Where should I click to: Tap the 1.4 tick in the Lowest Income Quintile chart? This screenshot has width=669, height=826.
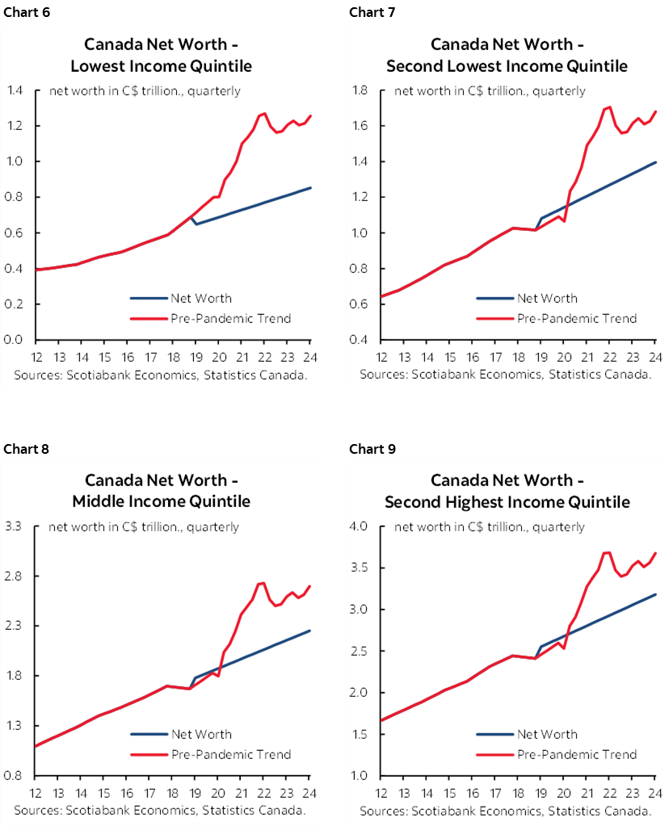pos(15,90)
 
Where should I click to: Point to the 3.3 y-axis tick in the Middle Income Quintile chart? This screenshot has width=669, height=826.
pos(15,526)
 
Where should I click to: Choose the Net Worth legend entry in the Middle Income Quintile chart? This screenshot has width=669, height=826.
pos(200,734)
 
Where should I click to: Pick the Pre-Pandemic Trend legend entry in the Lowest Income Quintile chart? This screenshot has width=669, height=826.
pos(230,318)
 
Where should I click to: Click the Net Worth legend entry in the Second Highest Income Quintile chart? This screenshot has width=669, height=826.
pos(547,734)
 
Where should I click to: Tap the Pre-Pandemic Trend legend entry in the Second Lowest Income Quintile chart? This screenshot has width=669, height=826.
pos(577,318)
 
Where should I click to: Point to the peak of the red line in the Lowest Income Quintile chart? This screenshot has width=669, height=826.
pos(264,113)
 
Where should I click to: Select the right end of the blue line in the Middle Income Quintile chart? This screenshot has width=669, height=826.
pos(310,631)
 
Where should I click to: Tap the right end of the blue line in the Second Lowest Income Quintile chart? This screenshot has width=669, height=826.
pos(656,162)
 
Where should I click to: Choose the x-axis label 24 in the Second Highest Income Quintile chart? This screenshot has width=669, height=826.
pos(656,794)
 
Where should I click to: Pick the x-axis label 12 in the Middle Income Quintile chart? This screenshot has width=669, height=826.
pos(37,794)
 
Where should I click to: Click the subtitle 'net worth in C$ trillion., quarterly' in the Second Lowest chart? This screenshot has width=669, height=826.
pos(490,90)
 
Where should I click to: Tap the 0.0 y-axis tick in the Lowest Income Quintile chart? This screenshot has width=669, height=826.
pos(15,339)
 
